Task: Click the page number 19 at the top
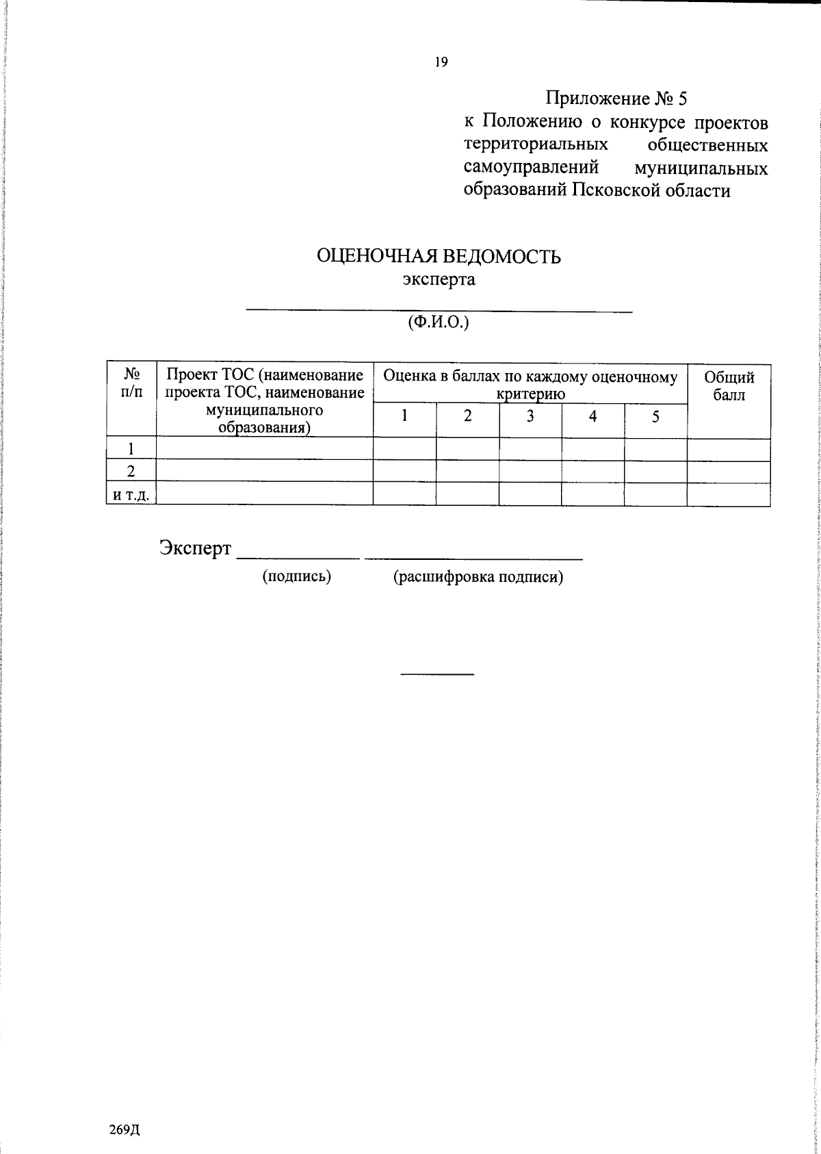coord(441,62)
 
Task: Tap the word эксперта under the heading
coord(439,280)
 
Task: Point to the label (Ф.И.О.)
coord(439,323)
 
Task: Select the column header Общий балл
coord(729,386)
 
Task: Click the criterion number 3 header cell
coord(530,415)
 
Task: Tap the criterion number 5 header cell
coord(655,415)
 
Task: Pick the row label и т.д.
coord(131,494)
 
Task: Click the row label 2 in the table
coord(131,471)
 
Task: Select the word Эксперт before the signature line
coord(195,548)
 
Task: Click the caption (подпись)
coord(297,577)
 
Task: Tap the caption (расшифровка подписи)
coord(478,577)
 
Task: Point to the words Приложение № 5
coord(616,99)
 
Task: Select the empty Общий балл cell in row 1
coord(729,449)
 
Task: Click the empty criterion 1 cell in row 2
coord(404,471)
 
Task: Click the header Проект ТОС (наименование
coord(265,376)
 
